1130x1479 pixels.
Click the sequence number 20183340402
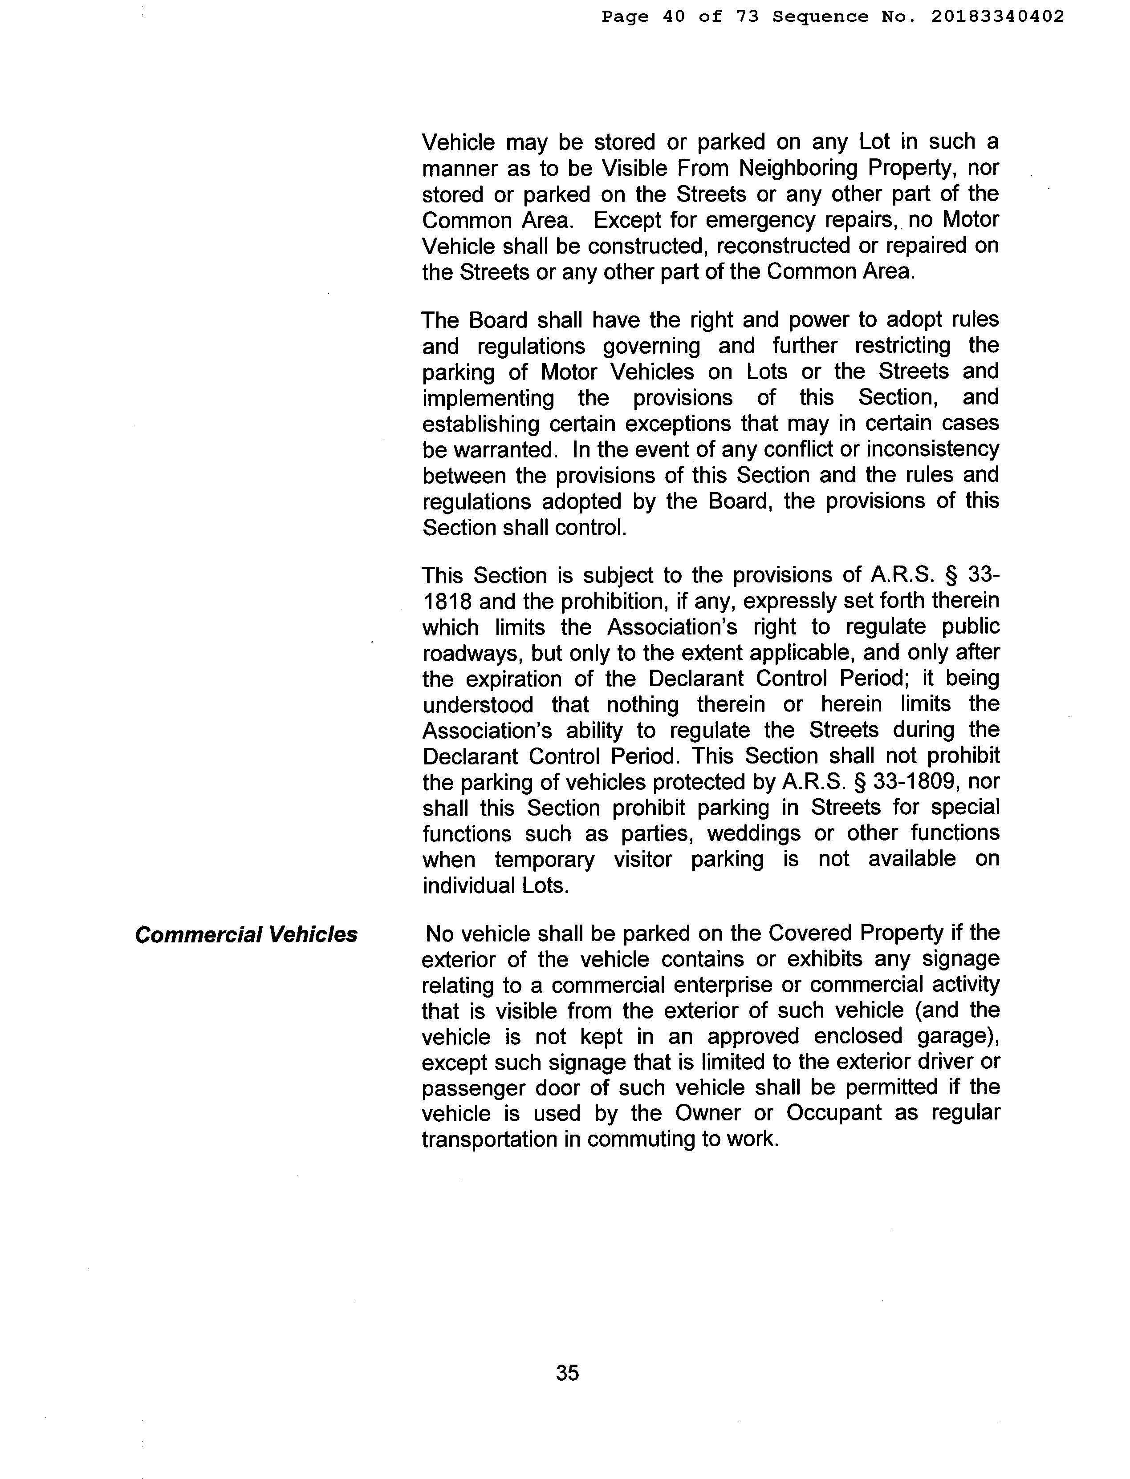click(x=997, y=17)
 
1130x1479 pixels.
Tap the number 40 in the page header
click(x=674, y=17)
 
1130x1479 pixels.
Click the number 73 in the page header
click(x=747, y=17)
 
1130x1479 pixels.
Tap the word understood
click(x=478, y=704)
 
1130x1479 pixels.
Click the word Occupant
click(x=833, y=1113)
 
